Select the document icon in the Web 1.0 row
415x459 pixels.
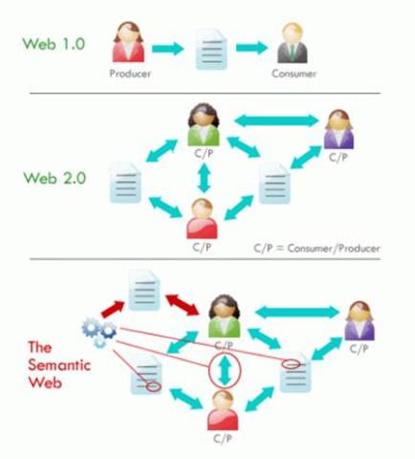tap(210, 47)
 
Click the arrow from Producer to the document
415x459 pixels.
tap(169, 47)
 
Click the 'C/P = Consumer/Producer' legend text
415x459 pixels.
tap(317, 248)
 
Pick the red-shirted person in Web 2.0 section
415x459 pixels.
tap(201, 217)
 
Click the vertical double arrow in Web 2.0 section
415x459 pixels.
tap(201, 177)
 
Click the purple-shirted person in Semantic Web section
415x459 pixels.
tap(359, 320)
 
